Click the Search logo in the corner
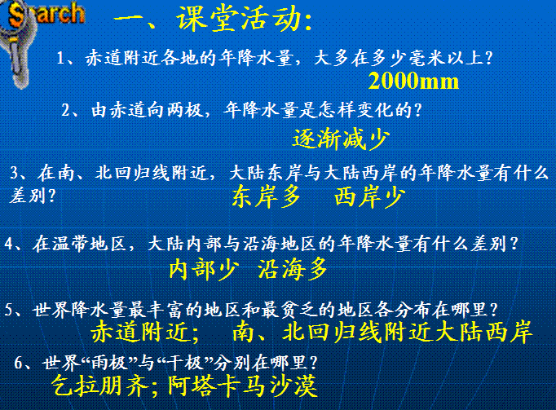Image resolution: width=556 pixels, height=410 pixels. click(42, 15)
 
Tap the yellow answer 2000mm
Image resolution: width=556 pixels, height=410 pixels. click(413, 81)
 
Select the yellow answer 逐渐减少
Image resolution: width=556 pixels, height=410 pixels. click(341, 139)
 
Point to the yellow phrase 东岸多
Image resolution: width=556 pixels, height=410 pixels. click(267, 196)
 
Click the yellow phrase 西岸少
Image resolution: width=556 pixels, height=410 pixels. click(369, 196)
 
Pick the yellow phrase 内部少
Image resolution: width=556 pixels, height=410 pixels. click(203, 269)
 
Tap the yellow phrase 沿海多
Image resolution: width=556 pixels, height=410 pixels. click(292, 269)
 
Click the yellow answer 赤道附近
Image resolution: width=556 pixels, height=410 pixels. click(139, 332)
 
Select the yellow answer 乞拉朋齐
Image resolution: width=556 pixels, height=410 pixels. click(99, 386)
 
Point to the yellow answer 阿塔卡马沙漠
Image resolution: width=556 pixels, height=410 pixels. click(242, 386)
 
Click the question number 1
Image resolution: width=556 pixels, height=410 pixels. click(60, 58)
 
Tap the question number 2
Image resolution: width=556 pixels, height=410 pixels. click(66, 110)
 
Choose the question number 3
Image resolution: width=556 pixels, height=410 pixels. click(15, 173)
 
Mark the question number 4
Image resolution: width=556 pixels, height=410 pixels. click(9, 244)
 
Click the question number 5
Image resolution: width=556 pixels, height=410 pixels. click(9, 310)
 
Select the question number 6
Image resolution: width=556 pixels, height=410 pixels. click(19, 363)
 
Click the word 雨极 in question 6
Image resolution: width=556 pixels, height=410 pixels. click(109, 363)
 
